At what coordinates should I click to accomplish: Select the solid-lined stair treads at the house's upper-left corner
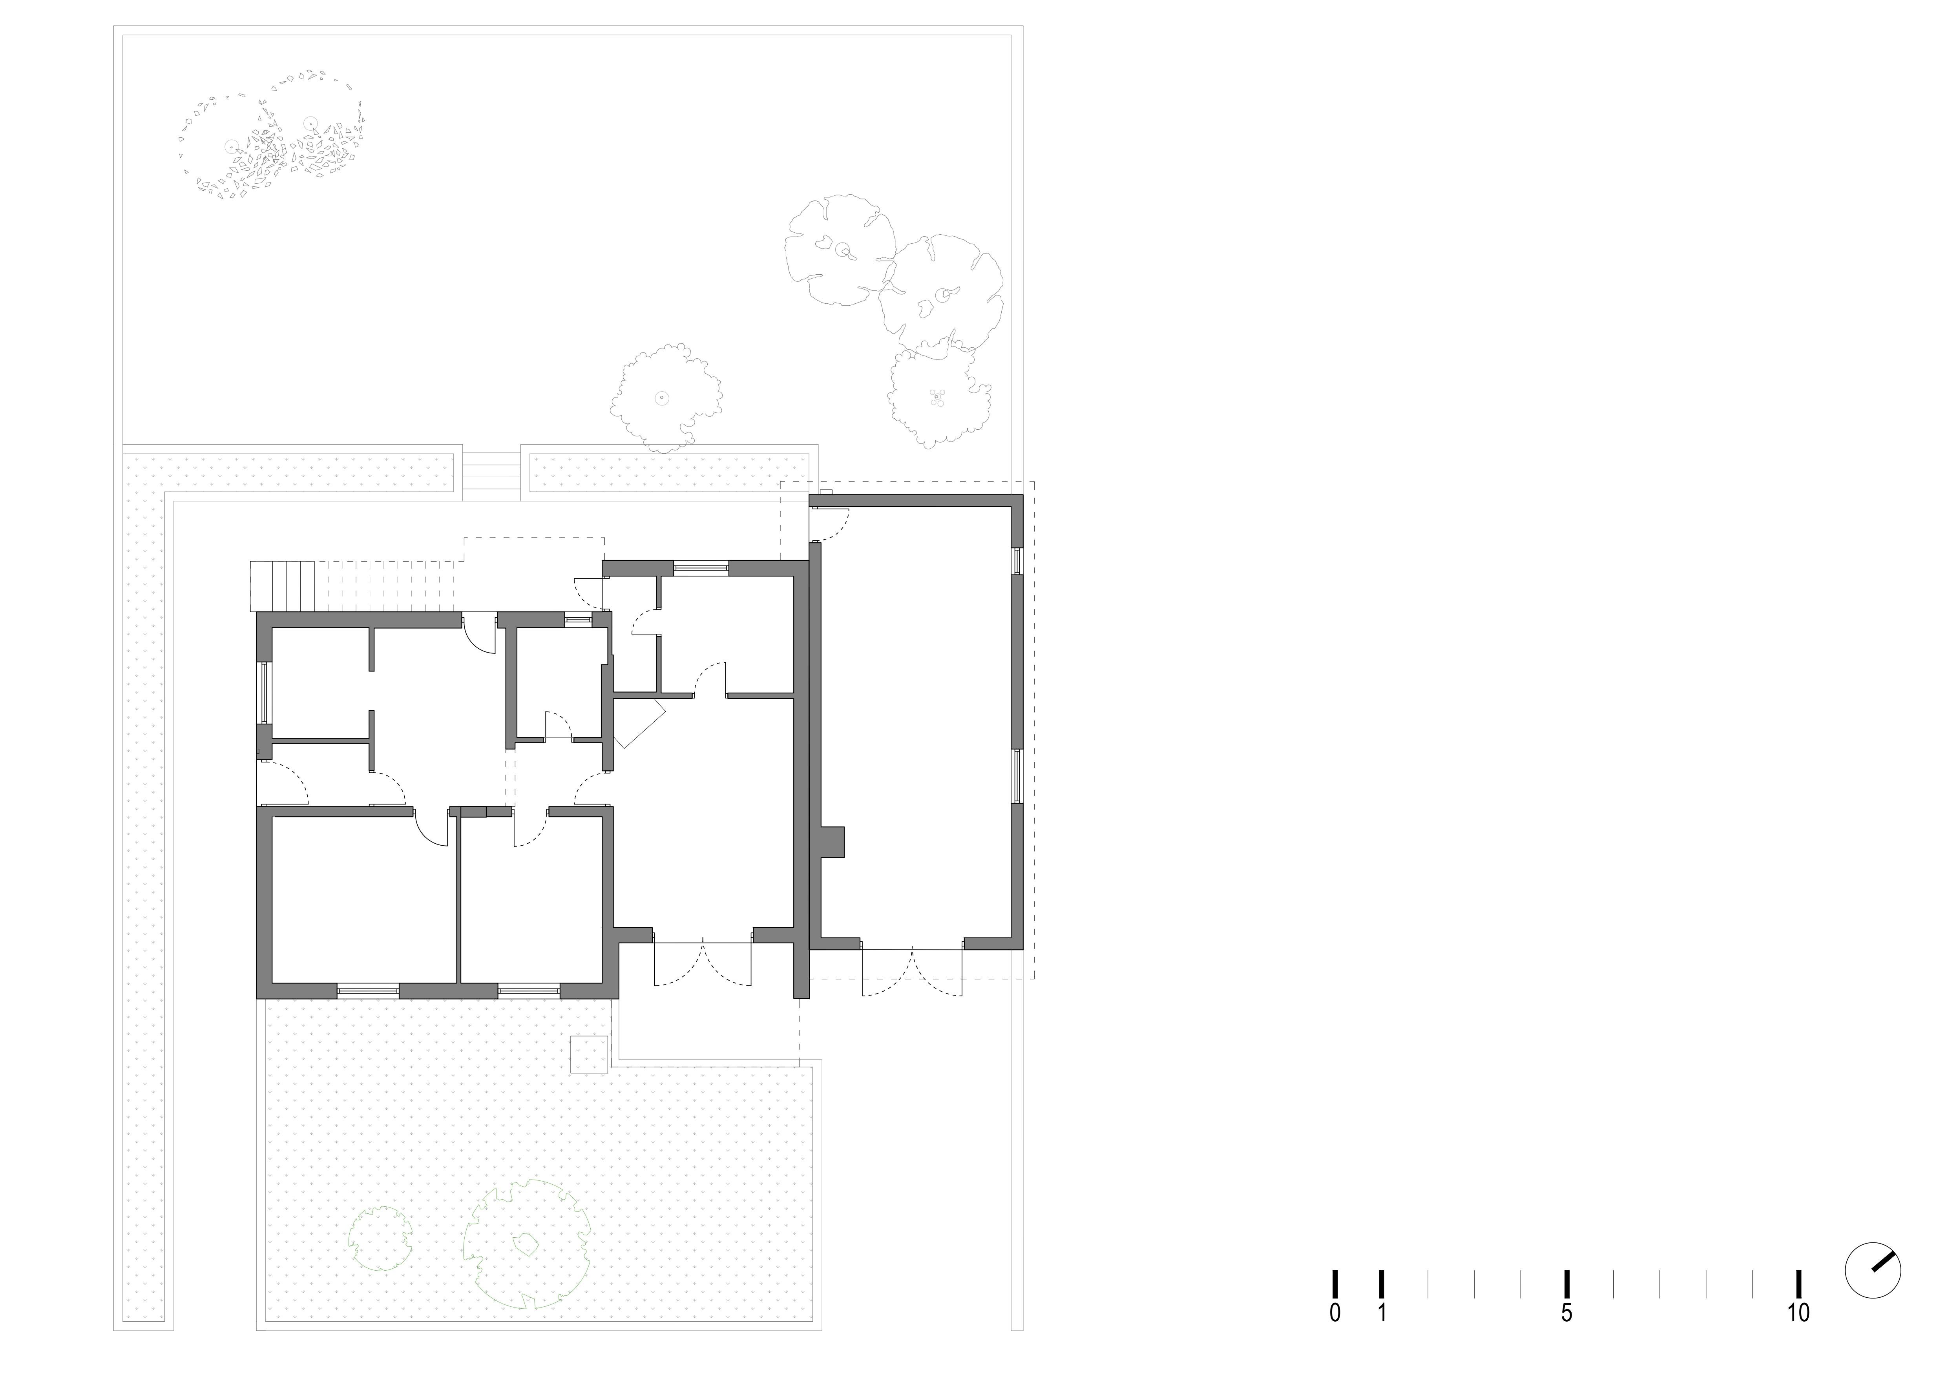283,585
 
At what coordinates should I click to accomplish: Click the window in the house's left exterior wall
264,691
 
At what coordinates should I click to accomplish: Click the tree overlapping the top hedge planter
666,398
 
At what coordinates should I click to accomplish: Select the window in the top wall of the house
701,567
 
